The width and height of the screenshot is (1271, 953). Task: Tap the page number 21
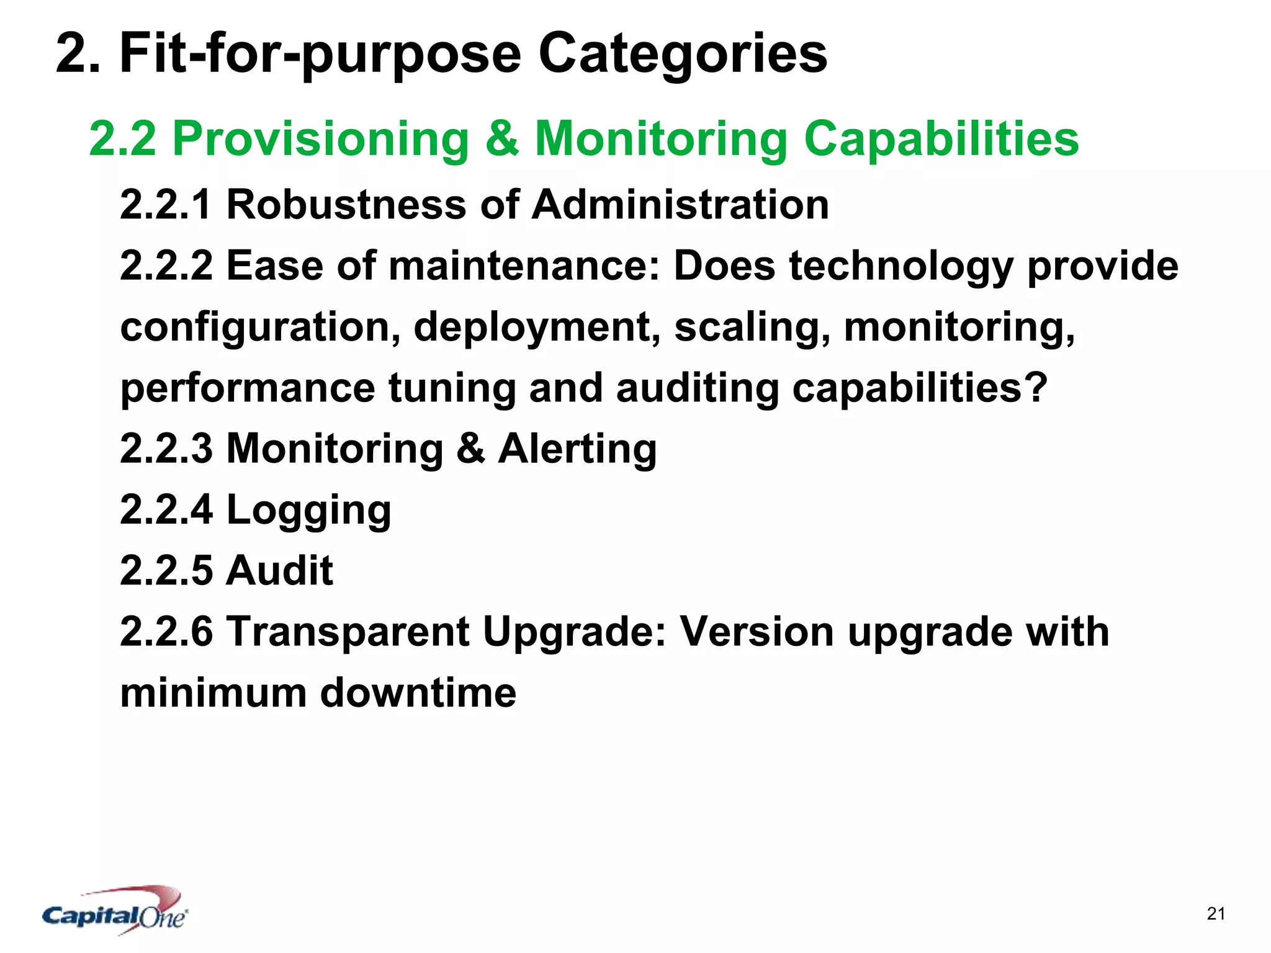click(1216, 914)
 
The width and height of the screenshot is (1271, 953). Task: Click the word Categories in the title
click(682, 53)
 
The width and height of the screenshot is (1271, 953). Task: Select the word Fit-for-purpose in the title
click(320, 55)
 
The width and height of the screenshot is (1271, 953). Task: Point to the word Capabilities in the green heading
click(941, 140)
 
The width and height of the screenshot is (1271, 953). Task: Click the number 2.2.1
click(166, 205)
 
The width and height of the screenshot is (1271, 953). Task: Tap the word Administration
click(680, 205)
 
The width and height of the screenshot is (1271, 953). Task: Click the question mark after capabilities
click(1036, 387)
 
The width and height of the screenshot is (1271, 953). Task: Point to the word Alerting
click(577, 449)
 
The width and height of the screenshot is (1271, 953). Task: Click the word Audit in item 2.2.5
click(279, 570)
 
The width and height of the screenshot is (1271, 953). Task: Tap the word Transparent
click(348, 632)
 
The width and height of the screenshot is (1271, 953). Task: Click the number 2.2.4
click(166, 509)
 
